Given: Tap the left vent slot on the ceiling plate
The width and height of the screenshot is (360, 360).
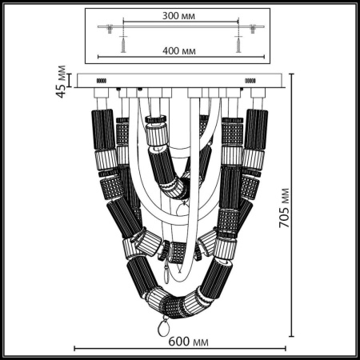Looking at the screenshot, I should (102, 82).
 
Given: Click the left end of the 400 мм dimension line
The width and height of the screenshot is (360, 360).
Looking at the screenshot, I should (98, 57).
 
